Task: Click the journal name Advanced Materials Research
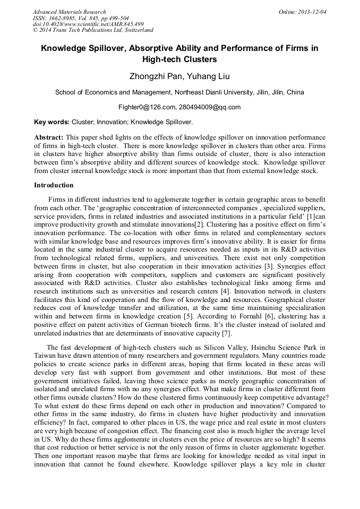pos(69,12)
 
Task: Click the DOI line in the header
pos(88,24)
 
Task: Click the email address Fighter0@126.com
pos(147,107)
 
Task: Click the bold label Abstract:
pos(49,137)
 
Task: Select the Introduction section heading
pos(54,185)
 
